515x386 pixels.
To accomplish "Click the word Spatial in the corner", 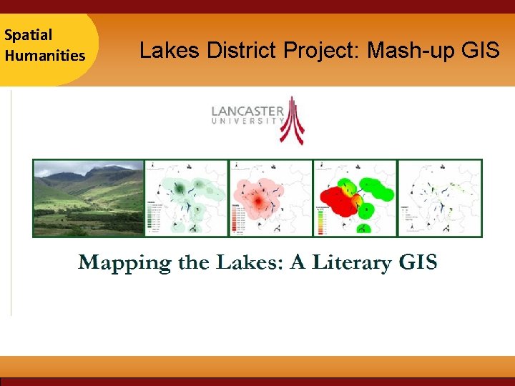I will pos(28,34).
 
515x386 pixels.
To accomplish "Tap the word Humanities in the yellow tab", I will pos(44,55).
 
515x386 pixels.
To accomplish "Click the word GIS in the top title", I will pos(477,50).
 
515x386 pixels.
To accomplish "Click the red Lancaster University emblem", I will pos(291,119).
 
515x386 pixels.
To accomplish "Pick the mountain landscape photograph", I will pos(88,197).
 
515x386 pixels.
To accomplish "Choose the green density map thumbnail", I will pos(186,197).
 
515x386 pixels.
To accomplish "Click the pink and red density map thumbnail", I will pos(270,197).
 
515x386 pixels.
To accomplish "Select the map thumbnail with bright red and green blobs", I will pos(355,197).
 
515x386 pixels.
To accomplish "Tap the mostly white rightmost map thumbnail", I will pos(439,197).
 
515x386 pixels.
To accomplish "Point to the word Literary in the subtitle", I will pos(350,263).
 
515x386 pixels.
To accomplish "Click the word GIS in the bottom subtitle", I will pos(418,262).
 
